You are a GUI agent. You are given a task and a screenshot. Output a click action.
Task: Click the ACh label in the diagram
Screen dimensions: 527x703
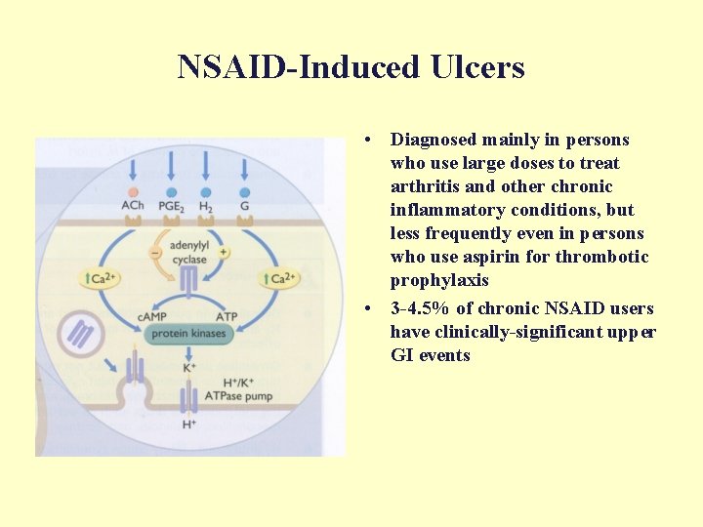click(133, 206)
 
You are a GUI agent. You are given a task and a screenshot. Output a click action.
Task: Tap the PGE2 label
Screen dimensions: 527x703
click(172, 206)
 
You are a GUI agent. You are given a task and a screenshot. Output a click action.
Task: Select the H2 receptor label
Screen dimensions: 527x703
click(206, 206)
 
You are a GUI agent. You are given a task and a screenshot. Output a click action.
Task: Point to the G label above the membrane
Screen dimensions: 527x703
click(244, 206)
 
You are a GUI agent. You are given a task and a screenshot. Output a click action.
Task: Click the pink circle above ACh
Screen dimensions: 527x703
click(134, 192)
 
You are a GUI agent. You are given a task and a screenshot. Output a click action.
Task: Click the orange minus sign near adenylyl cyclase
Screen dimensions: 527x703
click(154, 252)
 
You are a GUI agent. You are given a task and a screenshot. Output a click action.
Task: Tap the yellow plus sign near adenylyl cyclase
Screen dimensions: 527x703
click(224, 252)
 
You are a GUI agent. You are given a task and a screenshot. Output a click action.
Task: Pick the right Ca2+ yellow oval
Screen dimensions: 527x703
click(278, 279)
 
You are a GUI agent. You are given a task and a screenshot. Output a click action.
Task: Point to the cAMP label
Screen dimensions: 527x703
click(151, 315)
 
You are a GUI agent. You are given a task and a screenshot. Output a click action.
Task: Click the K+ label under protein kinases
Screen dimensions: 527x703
click(189, 368)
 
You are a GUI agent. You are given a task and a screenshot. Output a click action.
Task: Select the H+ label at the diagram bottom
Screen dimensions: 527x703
click(188, 425)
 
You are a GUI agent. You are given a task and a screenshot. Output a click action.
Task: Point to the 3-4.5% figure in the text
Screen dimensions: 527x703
click(421, 308)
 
